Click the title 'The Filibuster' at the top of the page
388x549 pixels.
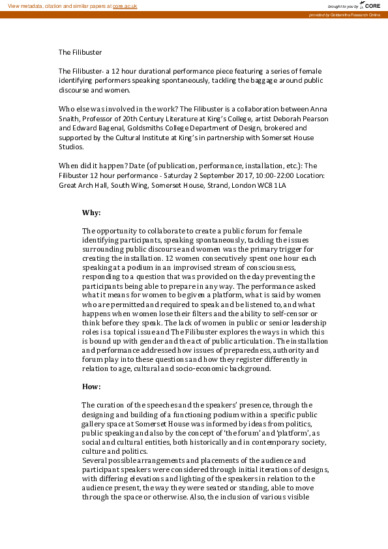(x=80, y=52)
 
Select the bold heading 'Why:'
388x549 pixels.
(x=91, y=213)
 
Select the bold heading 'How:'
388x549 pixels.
(x=91, y=387)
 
